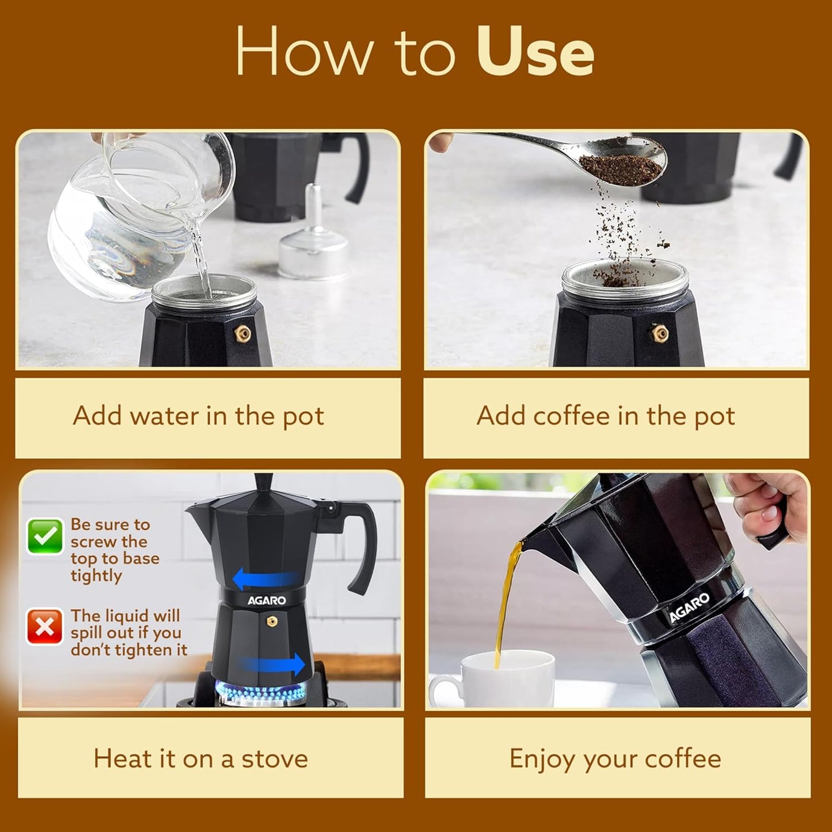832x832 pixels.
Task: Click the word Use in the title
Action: pos(535,53)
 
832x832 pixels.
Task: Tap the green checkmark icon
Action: pos(45,537)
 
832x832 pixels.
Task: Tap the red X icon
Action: pos(45,626)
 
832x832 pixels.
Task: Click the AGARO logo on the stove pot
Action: pos(267,601)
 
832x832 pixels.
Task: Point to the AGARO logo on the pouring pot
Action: pos(689,608)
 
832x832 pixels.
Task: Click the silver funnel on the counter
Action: pos(314,242)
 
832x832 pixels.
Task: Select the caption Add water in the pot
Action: pos(199,416)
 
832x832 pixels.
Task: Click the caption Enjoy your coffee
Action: pos(616,759)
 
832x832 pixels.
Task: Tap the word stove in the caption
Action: pos(275,759)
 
